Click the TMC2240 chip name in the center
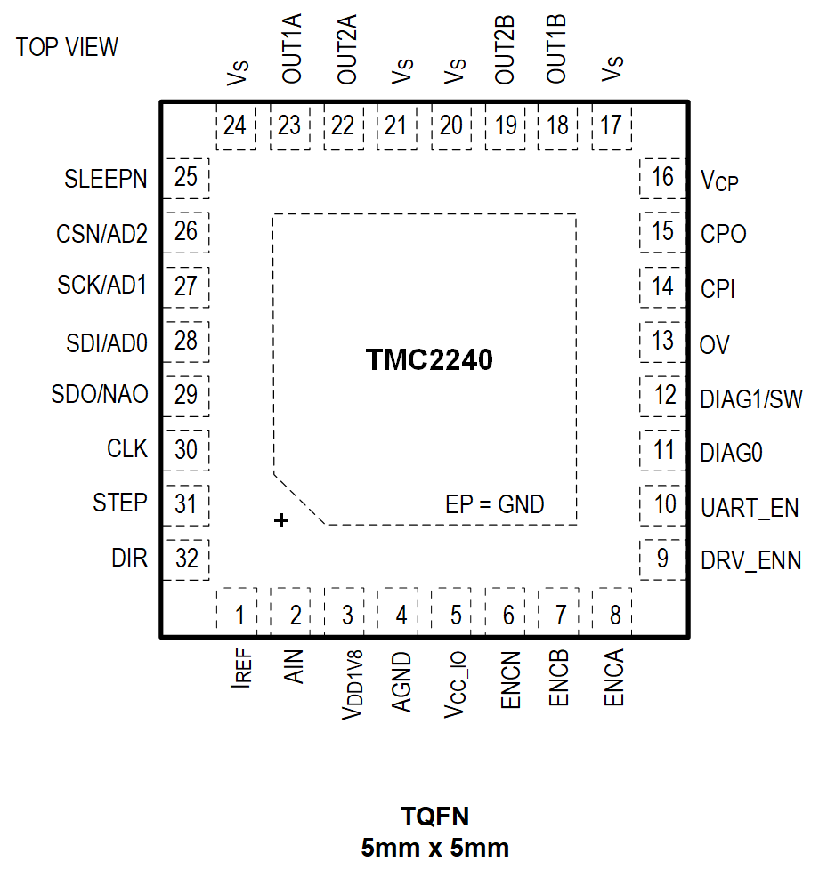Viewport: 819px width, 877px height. point(429,360)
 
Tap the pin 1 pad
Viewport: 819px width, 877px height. point(237,614)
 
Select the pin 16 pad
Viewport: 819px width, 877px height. point(662,177)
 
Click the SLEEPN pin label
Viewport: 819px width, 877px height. point(105,179)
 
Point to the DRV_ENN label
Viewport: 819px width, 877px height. point(751,560)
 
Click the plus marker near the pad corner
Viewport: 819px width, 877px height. point(281,521)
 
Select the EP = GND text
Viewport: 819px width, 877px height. point(495,505)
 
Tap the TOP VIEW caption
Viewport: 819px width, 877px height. point(67,47)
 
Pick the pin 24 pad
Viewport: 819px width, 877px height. point(235,125)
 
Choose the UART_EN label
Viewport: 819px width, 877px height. point(750,507)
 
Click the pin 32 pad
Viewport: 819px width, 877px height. point(186,559)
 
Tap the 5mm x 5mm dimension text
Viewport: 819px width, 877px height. point(434,848)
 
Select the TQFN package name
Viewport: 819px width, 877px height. point(434,817)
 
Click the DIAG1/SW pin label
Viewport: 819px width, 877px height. point(751,398)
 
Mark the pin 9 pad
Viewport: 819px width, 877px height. point(662,559)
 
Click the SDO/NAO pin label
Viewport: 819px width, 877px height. point(100,395)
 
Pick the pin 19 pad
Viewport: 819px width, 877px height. point(506,125)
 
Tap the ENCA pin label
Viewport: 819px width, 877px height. point(614,678)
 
